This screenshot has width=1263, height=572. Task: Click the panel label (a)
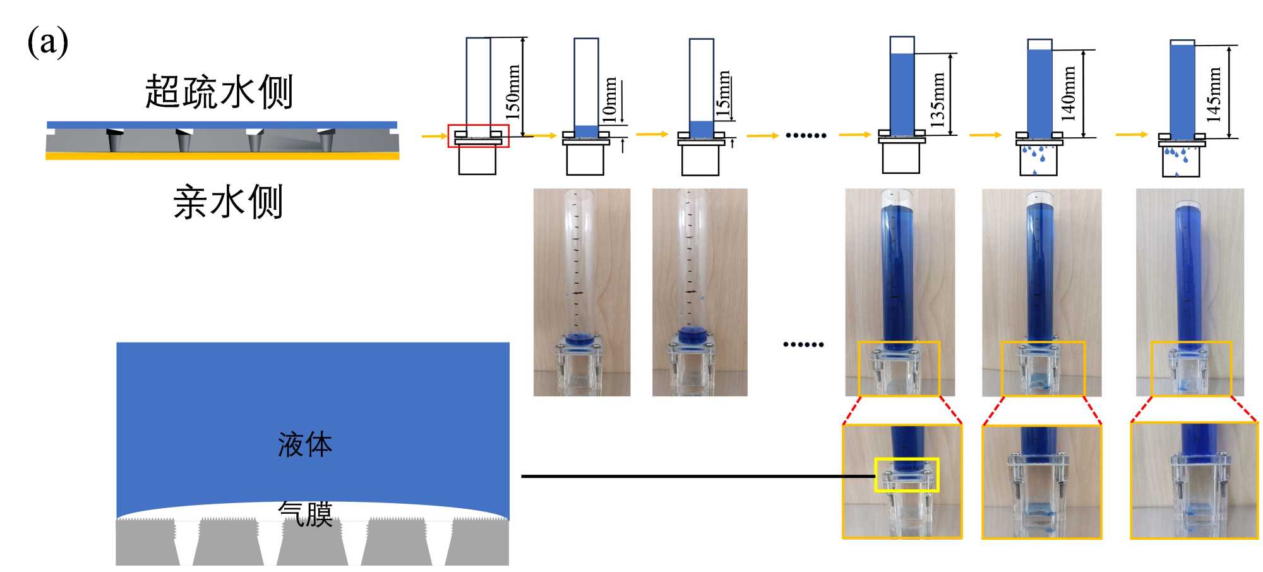pos(47,43)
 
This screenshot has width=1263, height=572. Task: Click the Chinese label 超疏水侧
pos(219,92)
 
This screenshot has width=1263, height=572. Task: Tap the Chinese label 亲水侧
pos(228,202)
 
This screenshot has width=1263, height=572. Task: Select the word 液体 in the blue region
pos(305,444)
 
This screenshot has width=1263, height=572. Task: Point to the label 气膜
pos(306,514)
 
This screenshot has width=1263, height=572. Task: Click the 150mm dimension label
pos(513,92)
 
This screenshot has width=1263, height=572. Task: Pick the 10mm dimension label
pos(609,99)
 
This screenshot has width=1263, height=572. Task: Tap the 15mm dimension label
pos(724,94)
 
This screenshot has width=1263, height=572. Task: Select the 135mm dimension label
pos(938,99)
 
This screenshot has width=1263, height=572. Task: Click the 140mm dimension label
pos(1068,93)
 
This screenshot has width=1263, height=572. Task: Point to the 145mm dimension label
pos(1214,94)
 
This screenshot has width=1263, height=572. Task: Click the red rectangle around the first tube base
pos(478,136)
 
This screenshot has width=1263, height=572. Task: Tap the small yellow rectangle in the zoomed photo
pos(907,475)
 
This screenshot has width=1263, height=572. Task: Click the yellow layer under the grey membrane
pos(222,156)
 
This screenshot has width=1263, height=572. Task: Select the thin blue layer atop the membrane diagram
pos(222,125)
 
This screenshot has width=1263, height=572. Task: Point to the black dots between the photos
pos(803,344)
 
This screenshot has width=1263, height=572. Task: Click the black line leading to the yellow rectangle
pos(695,476)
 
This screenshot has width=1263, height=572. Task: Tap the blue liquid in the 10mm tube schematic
pos(586,131)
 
